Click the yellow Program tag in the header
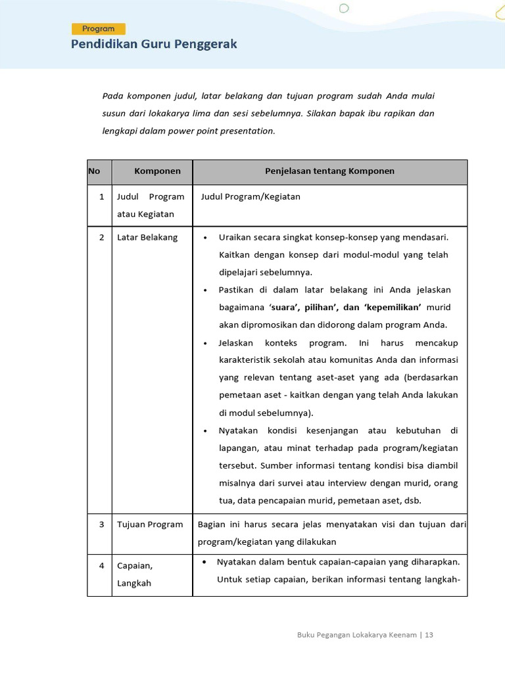[99, 29]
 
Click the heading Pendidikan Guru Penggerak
[154, 45]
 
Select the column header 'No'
[94, 171]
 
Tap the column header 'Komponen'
[157, 171]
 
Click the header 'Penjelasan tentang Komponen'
[329, 171]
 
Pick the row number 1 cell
[101, 197]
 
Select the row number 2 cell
[101, 237]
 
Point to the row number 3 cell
[101, 524]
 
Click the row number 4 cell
[101, 565]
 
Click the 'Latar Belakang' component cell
[147, 237]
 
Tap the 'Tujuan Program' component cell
[150, 524]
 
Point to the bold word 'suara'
[283, 308]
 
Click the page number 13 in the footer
[429, 635]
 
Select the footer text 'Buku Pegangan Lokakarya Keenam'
[356, 635]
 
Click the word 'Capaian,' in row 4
[135, 565]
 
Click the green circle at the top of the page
[343, 9]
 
